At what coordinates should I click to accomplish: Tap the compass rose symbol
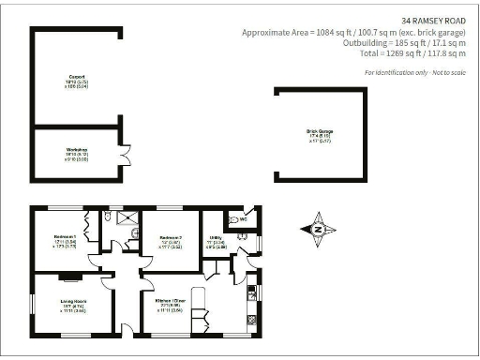click(318, 229)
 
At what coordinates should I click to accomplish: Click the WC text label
click(243, 221)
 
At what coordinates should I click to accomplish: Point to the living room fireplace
click(69, 277)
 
